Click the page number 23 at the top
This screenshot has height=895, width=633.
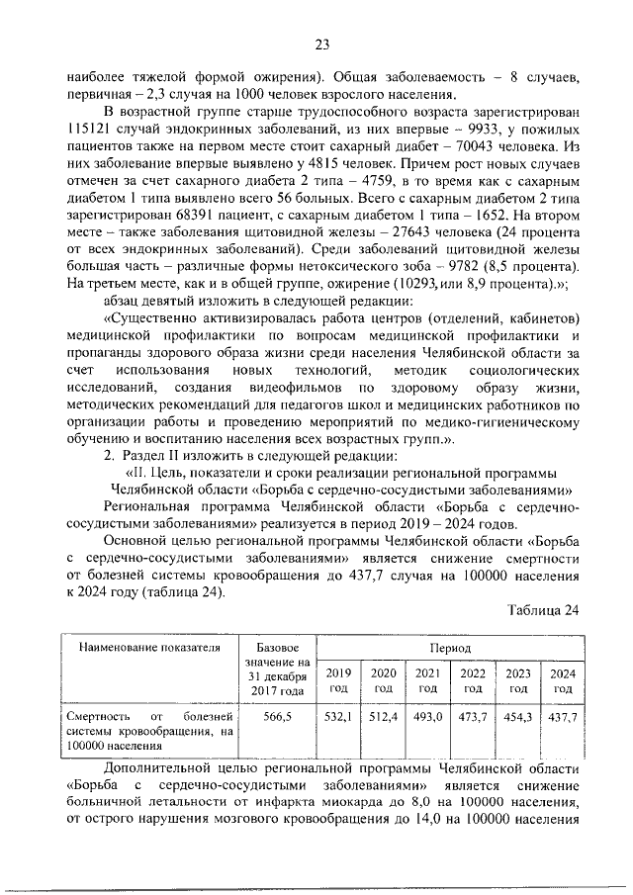[321, 44]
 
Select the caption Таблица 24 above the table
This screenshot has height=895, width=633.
[543, 610]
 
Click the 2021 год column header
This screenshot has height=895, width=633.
[427, 680]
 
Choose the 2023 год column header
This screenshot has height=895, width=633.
[517, 680]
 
